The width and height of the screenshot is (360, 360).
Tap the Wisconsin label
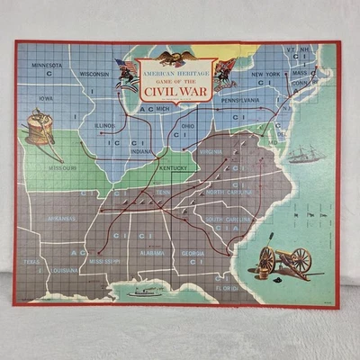point(94,74)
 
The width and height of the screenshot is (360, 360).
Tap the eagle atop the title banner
point(176,55)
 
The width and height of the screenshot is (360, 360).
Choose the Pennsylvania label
point(241,102)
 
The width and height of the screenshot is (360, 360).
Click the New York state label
point(265,74)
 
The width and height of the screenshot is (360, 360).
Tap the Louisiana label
point(62,269)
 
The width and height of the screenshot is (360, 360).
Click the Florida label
point(226,288)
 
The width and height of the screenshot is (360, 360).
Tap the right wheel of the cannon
point(301,261)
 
